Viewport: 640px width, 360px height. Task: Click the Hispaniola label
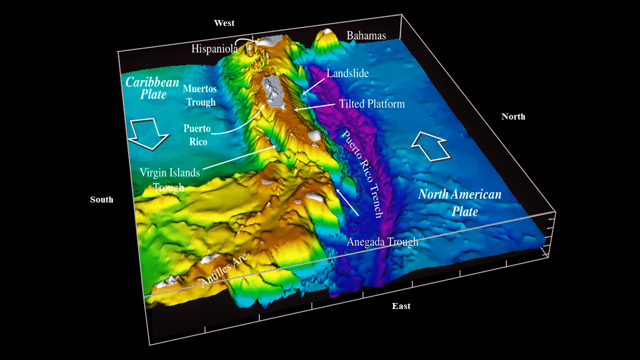(x=214, y=48)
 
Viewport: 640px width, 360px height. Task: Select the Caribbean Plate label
(x=152, y=88)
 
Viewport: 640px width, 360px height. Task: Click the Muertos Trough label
(x=199, y=95)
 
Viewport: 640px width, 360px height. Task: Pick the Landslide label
(x=347, y=73)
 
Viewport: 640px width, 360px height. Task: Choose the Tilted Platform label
(x=371, y=104)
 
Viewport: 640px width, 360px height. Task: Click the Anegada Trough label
(x=382, y=242)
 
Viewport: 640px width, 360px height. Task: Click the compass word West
(x=224, y=23)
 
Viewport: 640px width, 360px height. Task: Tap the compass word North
(x=513, y=116)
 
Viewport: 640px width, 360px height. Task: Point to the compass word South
(x=101, y=199)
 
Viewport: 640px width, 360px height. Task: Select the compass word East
(x=401, y=306)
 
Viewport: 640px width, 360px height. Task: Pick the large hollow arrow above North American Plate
(x=431, y=145)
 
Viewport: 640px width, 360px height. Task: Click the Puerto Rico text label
(x=195, y=135)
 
